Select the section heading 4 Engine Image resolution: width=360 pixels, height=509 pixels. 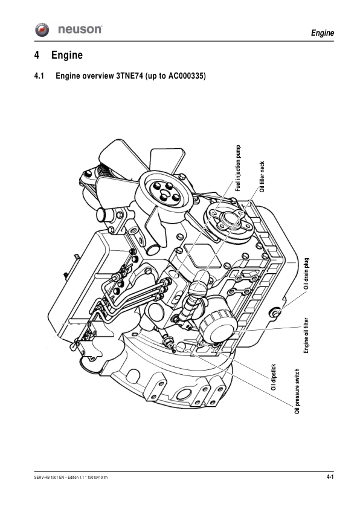click(59, 56)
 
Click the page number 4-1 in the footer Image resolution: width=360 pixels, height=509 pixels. click(330, 478)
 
